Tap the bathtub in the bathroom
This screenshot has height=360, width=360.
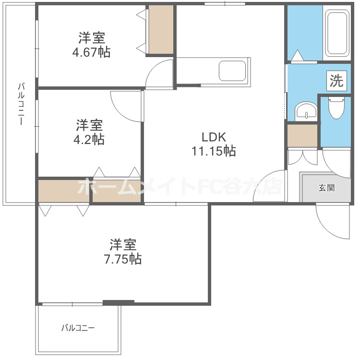pyautogui.click(x=336, y=34)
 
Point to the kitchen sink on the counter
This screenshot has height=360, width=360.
pyautogui.click(x=233, y=71)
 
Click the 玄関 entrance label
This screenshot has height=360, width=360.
pyautogui.click(x=326, y=187)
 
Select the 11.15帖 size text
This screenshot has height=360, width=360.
pyautogui.click(x=214, y=152)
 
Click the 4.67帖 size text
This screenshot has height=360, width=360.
pyautogui.click(x=91, y=52)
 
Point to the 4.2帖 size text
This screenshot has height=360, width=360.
pyautogui.click(x=89, y=140)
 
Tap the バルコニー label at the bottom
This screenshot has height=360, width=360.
pyautogui.click(x=78, y=329)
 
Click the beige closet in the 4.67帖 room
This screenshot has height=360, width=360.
pyautogui.click(x=160, y=30)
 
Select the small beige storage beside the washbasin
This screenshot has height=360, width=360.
pyautogui.click(x=302, y=136)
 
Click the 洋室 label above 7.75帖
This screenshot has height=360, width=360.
pyautogui.click(x=123, y=244)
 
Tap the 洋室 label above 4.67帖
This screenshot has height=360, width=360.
pyautogui.click(x=92, y=37)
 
